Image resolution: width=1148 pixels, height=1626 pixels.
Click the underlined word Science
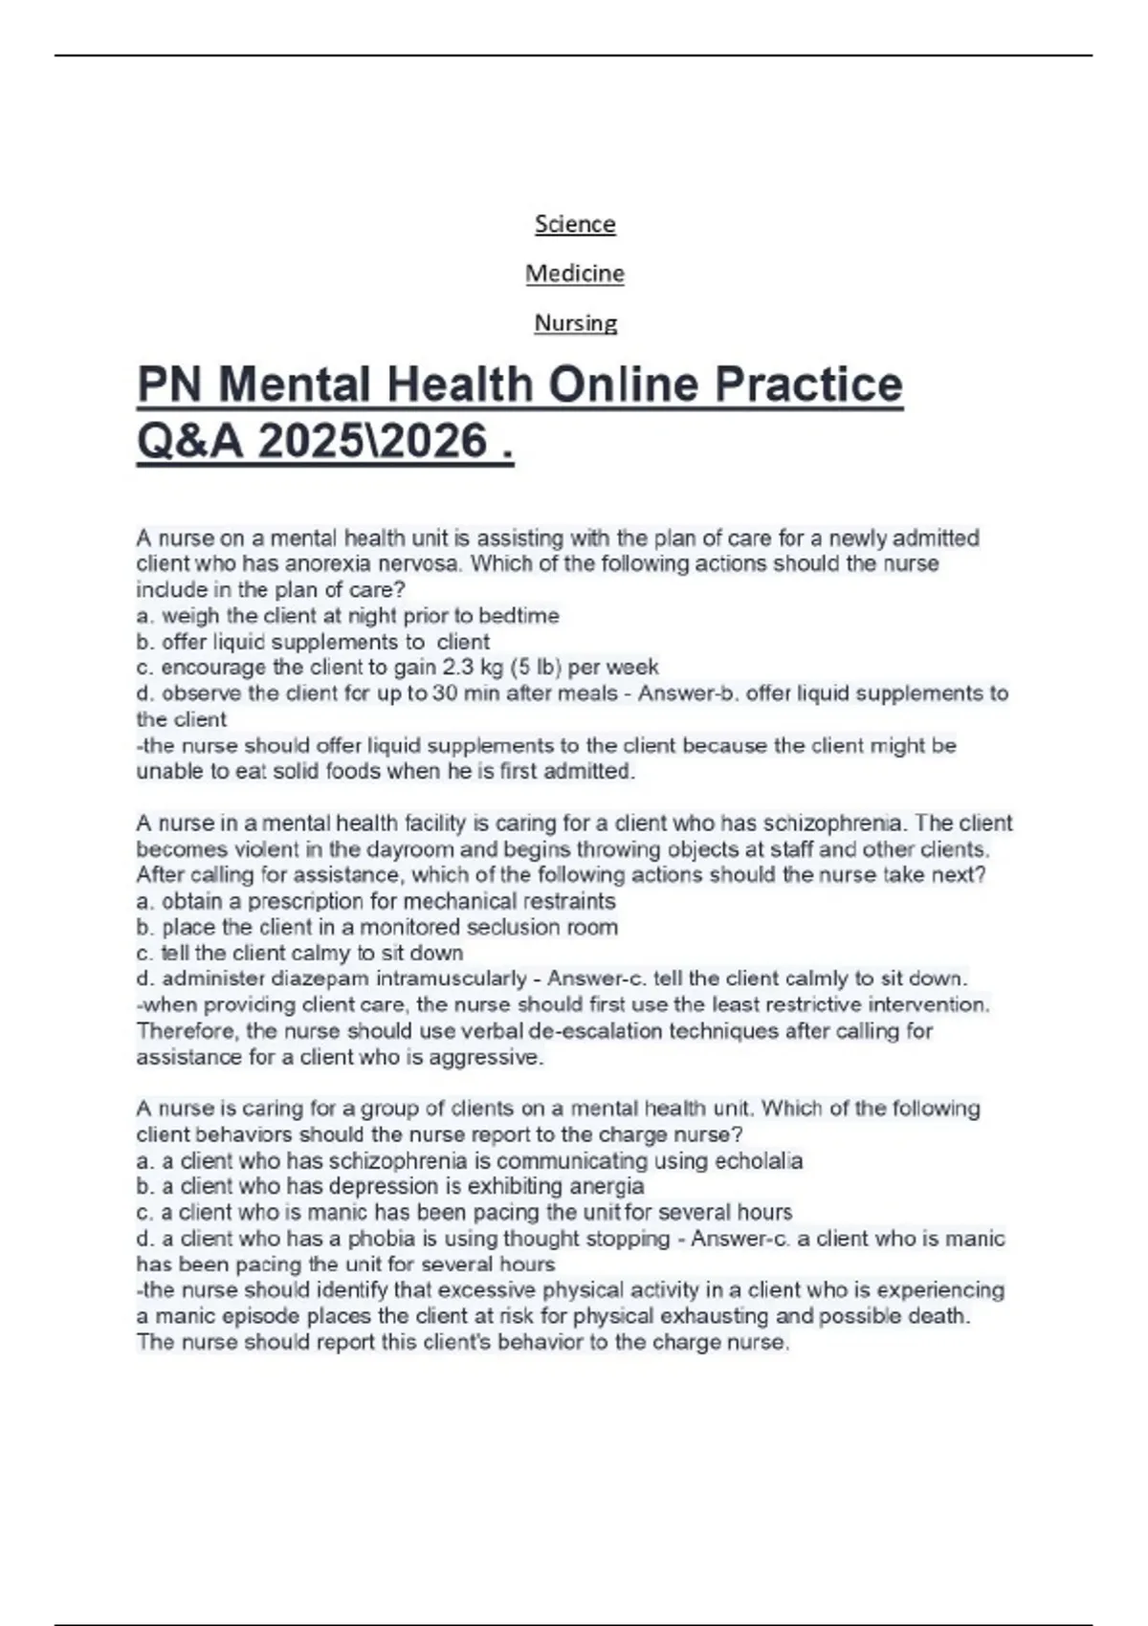575,224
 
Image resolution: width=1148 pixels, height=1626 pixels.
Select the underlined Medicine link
575,274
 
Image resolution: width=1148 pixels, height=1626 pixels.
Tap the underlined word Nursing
575,323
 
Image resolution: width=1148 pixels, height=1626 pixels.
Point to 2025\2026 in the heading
373,442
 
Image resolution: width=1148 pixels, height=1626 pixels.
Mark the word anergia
605,1187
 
